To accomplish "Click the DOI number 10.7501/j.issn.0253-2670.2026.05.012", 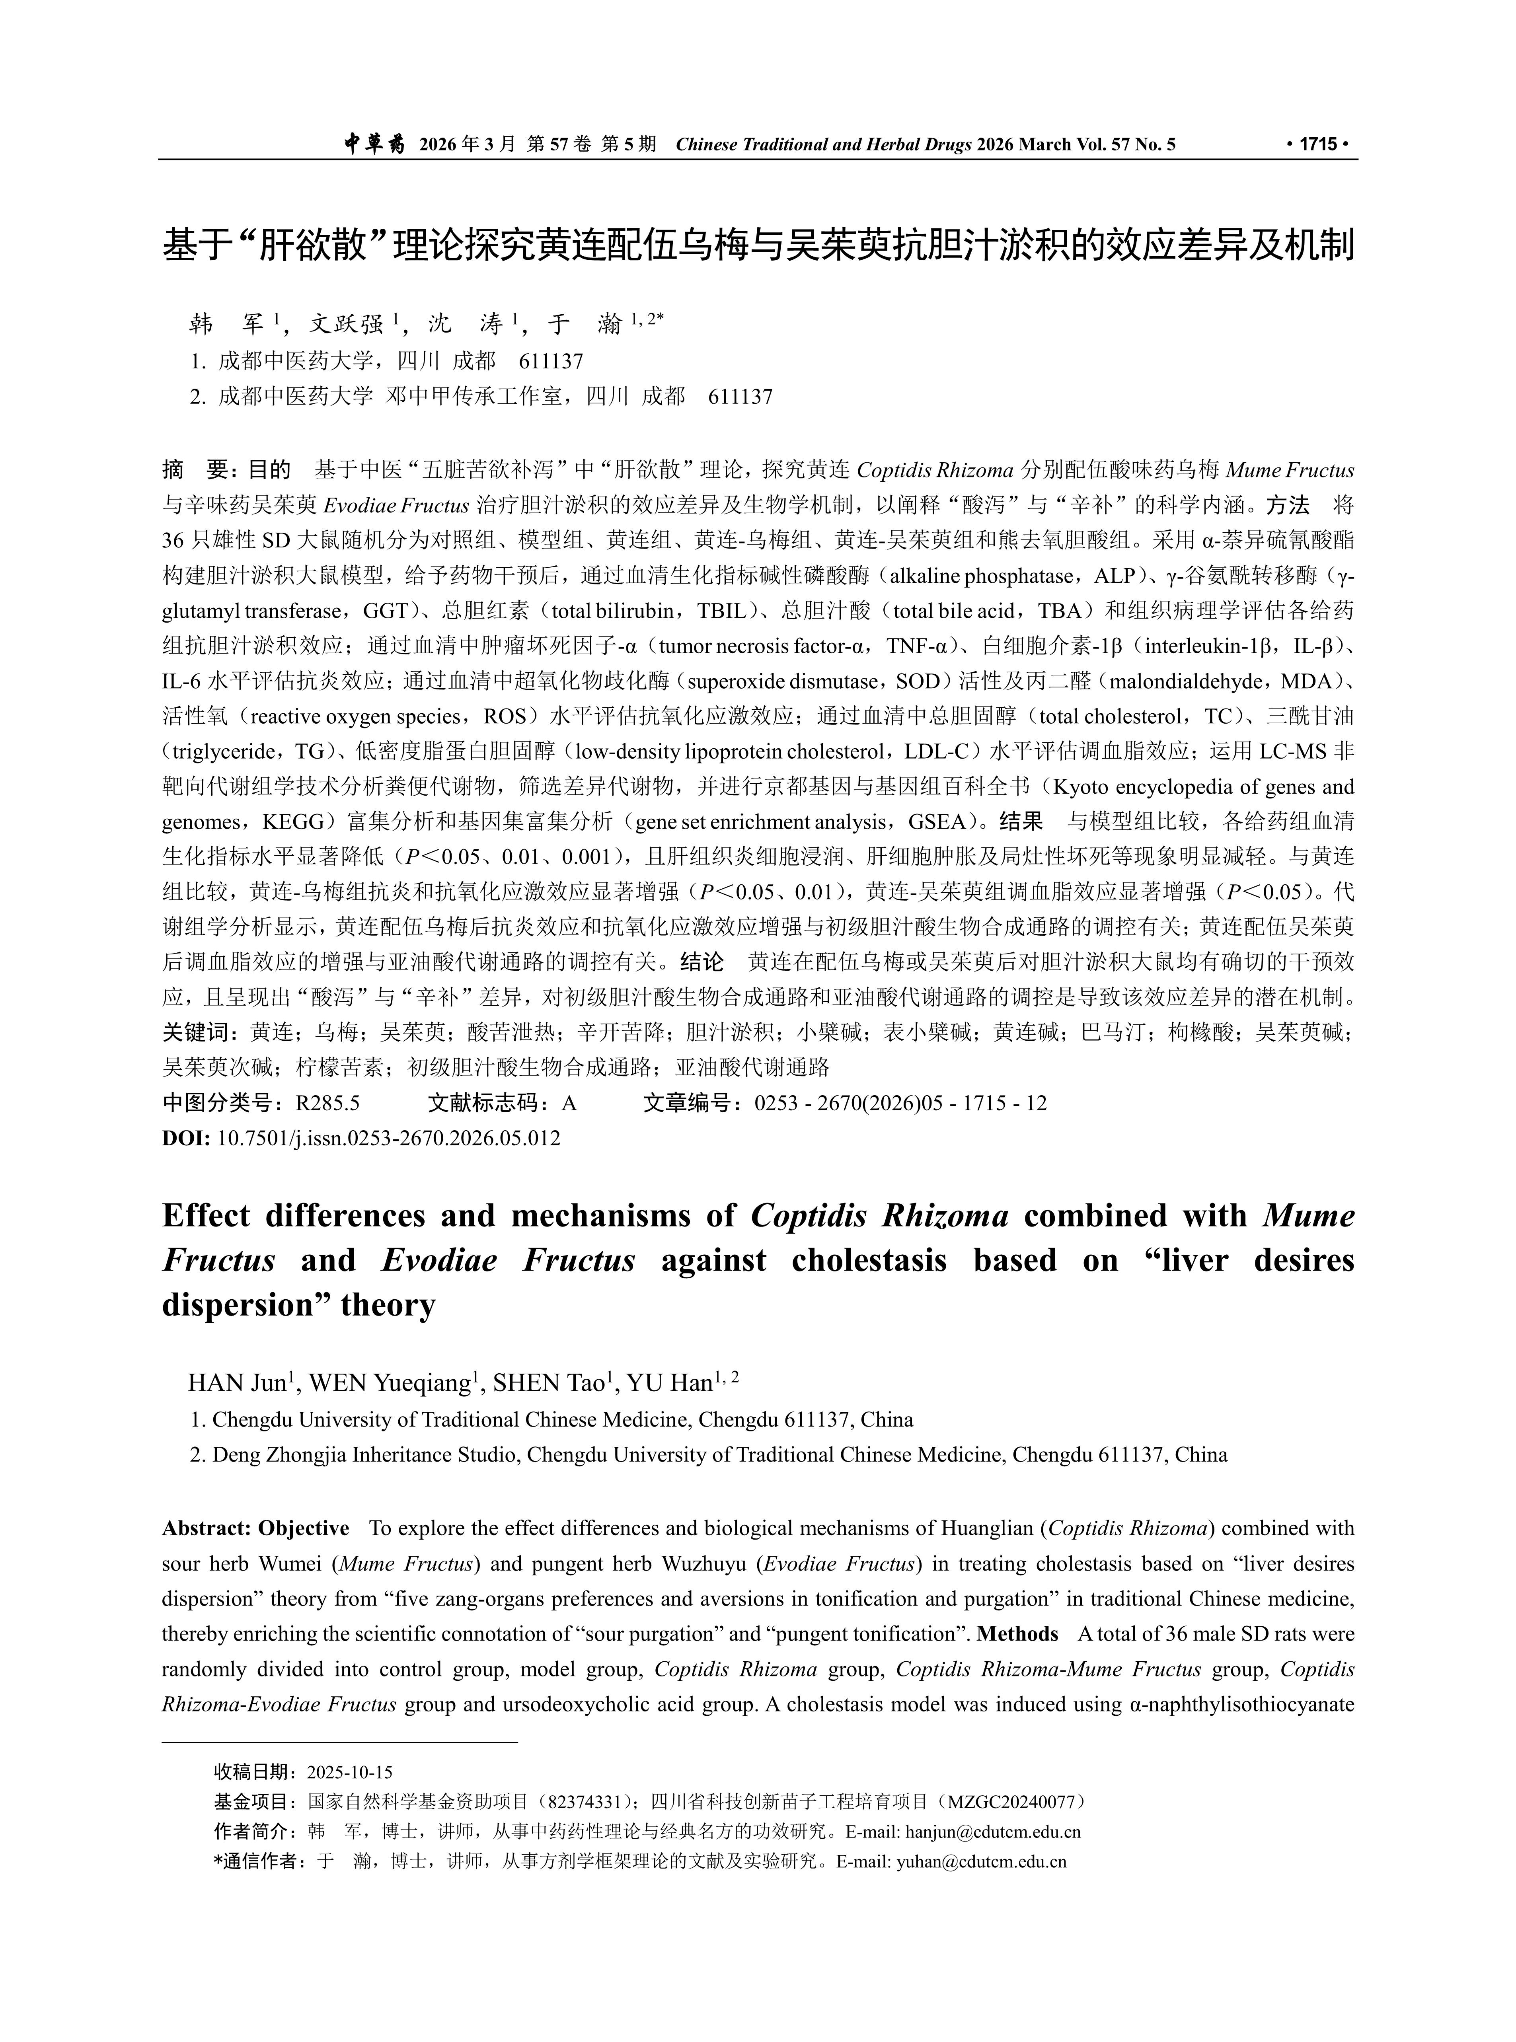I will [x=389, y=1139].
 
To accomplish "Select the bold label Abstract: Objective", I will [x=256, y=1528].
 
